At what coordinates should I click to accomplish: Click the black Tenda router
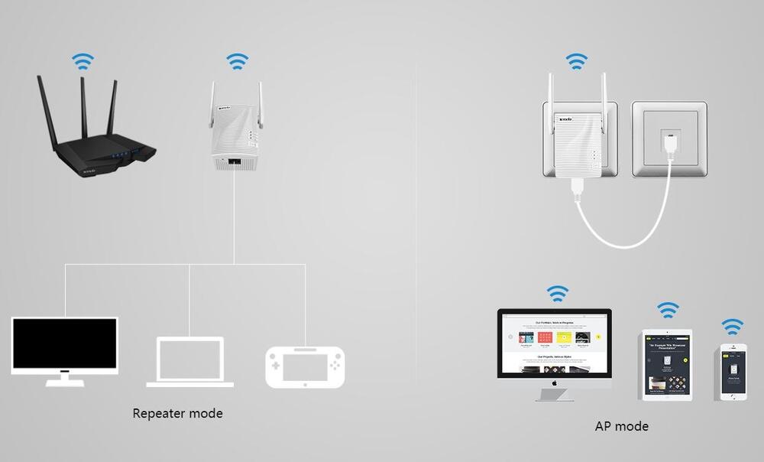pyautogui.click(x=99, y=145)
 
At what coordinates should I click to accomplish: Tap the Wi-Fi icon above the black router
pyautogui.click(x=83, y=61)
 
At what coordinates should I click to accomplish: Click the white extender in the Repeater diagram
pyautogui.click(x=237, y=126)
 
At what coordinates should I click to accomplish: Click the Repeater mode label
pyautogui.click(x=177, y=414)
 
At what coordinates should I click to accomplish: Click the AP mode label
pyautogui.click(x=621, y=426)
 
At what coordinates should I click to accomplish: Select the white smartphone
pyautogui.click(x=733, y=371)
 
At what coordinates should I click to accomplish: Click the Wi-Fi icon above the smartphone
pyautogui.click(x=733, y=327)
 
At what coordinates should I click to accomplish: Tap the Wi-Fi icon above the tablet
pyautogui.click(x=668, y=310)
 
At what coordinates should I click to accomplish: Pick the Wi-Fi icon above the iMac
pyautogui.click(x=558, y=293)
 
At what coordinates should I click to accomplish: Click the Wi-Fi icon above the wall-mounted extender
pyautogui.click(x=576, y=60)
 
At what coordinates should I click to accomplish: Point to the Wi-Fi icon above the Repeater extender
pyautogui.click(x=238, y=61)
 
